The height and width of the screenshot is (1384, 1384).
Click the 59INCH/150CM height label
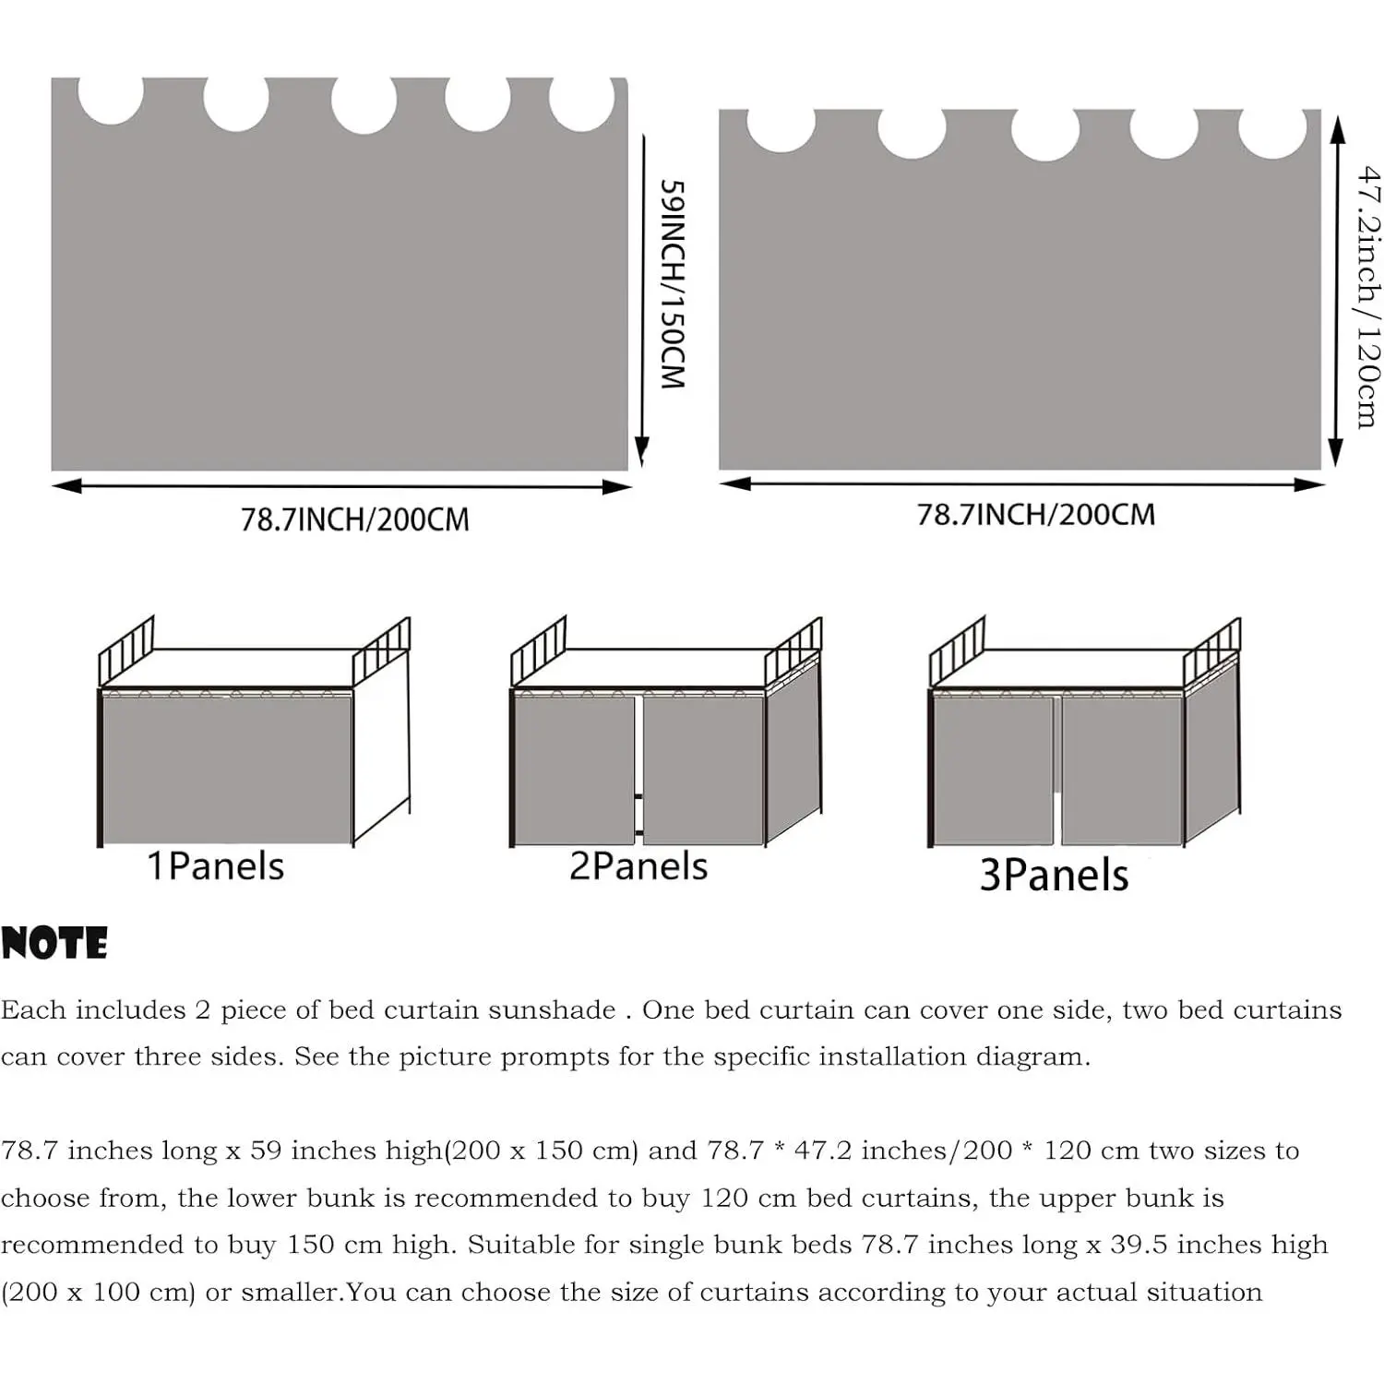673,284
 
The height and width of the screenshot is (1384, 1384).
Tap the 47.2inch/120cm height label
1368,296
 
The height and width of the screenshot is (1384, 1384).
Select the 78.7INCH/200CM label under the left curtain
355,519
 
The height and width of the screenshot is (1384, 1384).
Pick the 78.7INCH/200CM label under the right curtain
1035,514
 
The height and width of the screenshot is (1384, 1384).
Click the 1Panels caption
216,866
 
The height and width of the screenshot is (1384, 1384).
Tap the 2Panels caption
638,866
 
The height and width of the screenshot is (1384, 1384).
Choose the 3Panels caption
1054,875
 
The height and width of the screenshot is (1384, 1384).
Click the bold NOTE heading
54,944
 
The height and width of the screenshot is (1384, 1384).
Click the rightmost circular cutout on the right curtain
1273,133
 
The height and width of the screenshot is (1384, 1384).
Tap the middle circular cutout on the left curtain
364,103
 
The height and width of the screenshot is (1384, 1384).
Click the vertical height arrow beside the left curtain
642,298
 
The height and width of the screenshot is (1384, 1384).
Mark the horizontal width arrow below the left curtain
341,486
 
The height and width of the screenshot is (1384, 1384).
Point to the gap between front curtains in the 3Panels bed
1057,770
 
